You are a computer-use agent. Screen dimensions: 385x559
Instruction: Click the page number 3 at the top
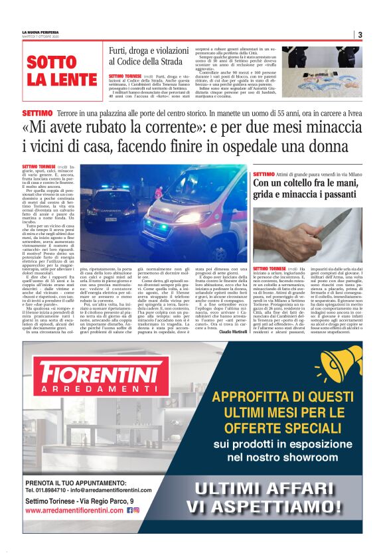pos(360,35)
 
